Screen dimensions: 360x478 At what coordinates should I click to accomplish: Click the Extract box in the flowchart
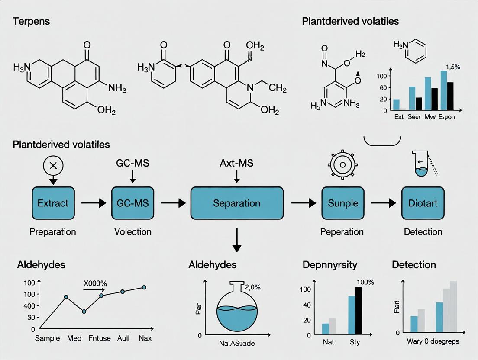tap(53, 202)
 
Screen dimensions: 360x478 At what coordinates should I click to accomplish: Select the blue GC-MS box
tap(133, 202)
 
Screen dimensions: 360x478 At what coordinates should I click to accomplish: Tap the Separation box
tap(237, 203)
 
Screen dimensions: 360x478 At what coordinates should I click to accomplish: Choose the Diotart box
tap(423, 202)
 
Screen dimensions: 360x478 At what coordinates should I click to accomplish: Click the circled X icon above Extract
tap(53, 164)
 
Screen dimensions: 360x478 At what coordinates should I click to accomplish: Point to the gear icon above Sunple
tap(342, 165)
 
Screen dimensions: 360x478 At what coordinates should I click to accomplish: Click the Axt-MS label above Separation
tap(237, 164)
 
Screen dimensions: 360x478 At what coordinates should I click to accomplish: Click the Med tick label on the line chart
tap(75, 338)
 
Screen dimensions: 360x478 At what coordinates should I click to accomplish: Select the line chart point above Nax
tap(144, 287)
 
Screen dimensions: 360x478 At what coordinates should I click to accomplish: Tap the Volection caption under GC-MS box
tap(133, 231)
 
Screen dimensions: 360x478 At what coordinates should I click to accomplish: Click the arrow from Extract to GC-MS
tap(93, 202)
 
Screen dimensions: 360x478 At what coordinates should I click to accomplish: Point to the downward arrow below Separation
tap(236, 241)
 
